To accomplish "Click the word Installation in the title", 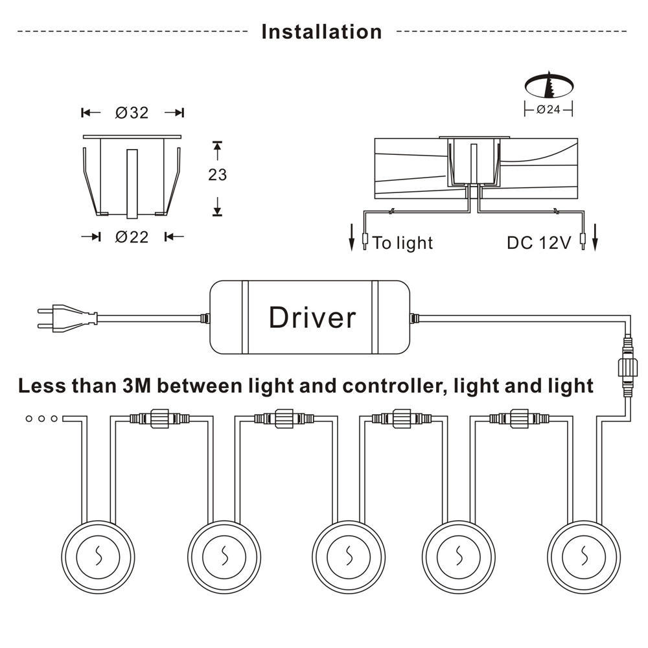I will tap(321, 31).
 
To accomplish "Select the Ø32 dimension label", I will tap(132, 113).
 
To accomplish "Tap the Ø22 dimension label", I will tap(132, 237).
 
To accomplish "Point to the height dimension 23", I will tap(218, 174).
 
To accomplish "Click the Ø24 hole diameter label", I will tap(548, 110).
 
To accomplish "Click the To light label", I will tap(402, 243).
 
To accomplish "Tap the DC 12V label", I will tap(538, 243).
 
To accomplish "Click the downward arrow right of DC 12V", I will tap(595, 239).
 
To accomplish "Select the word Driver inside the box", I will tap(312, 318).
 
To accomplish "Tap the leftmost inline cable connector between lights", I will tap(159, 419).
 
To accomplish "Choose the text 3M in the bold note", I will tap(137, 386).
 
